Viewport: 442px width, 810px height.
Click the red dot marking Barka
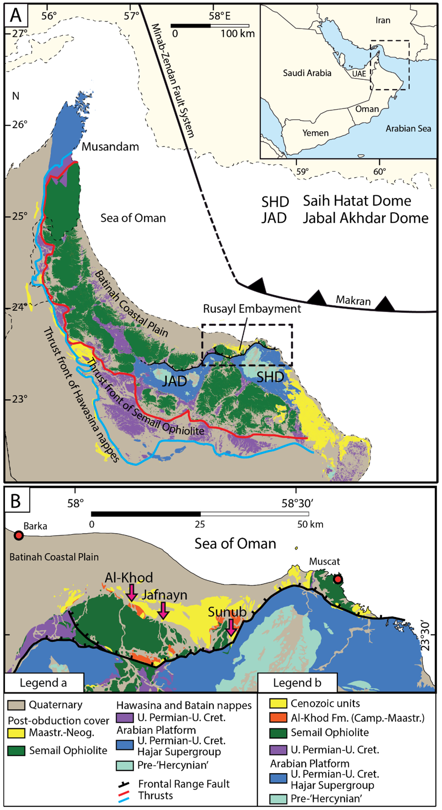(19, 536)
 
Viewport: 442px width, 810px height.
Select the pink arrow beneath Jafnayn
(163, 610)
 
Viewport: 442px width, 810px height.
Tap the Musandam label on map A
(110, 147)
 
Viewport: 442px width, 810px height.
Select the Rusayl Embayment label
(252, 309)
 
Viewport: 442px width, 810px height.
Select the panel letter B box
(16, 500)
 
